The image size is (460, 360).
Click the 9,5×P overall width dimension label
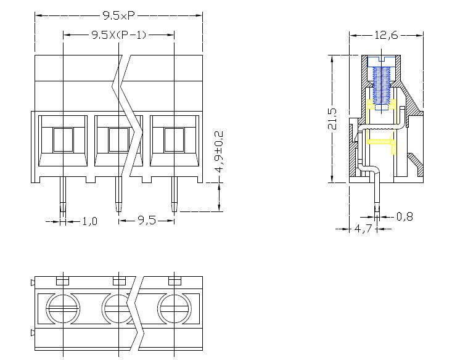point(118,15)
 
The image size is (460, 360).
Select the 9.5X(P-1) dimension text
point(119,35)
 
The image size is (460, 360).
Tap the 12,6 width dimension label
point(386,35)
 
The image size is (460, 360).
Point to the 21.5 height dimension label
point(332,119)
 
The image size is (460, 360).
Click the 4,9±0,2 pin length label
point(219,152)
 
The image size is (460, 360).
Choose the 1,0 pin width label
point(89,221)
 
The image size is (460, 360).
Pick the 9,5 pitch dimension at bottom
point(147,220)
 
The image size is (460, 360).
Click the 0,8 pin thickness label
point(405,216)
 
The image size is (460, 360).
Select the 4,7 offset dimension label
point(363,228)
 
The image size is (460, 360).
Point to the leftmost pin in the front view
point(63,194)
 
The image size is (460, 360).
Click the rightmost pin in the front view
point(175,194)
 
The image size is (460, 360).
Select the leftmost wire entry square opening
point(63,140)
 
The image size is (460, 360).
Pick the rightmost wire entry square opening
point(174,140)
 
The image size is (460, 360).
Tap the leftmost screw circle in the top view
point(63,309)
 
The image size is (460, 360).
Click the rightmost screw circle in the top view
point(175,309)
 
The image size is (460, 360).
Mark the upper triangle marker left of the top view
point(33,283)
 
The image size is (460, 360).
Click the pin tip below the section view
point(377,210)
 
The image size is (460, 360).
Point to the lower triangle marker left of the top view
point(33,333)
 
